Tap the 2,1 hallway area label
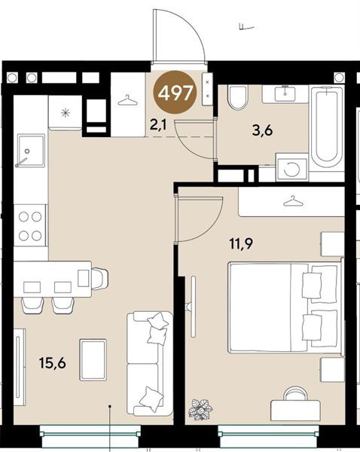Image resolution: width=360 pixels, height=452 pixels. (158, 125)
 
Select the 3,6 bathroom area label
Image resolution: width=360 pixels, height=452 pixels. (262, 131)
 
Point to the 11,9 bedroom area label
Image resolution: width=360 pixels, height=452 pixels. (241, 244)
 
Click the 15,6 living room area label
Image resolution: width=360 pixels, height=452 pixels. (53, 363)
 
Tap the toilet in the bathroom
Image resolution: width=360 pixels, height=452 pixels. (237, 97)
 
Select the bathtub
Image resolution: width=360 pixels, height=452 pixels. (327, 130)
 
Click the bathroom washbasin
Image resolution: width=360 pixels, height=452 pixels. (285, 93)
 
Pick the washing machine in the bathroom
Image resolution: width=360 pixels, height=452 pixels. (291, 168)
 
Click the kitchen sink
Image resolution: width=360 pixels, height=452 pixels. (31, 151)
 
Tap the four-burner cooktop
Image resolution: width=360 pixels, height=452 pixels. (30, 226)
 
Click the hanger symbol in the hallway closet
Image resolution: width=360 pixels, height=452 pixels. (128, 101)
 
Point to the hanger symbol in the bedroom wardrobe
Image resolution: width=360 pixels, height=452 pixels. (294, 201)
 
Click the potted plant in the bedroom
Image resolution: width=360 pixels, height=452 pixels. (200, 409)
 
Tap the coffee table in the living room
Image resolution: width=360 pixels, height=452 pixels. (93, 360)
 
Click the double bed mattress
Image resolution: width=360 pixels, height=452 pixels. (268, 307)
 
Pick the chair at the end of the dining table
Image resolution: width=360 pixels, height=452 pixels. (99, 279)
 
